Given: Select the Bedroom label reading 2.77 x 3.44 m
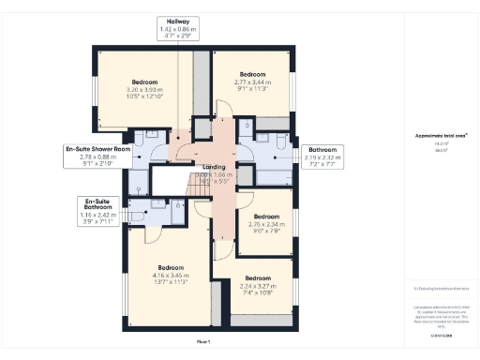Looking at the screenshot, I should (x=252, y=82).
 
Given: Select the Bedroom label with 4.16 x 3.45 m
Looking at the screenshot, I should (x=171, y=273).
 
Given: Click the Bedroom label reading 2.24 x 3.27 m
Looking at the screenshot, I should (x=258, y=284).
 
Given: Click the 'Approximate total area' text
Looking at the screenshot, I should (x=441, y=135).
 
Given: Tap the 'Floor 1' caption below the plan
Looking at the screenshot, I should (x=203, y=341).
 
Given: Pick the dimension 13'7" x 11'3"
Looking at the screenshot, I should (x=171, y=283).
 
